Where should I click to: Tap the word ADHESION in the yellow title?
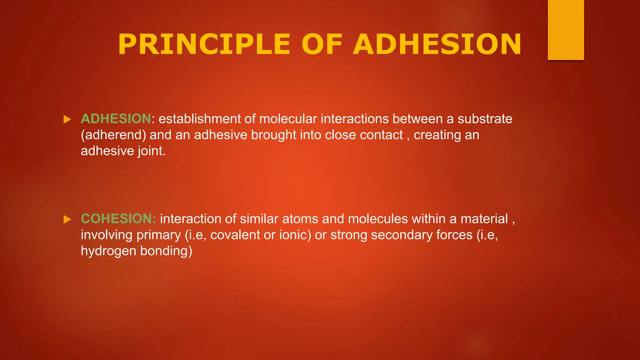[x=437, y=44]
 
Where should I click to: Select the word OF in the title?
[x=322, y=44]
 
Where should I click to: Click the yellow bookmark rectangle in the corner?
[x=566, y=30]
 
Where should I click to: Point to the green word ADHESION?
[x=116, y=119]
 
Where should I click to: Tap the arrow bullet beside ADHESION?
[x=67, y=119]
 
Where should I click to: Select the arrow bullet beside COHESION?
[x=67, y=219]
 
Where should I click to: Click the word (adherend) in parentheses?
[x=113, y=135]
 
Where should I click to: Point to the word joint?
[x=151, y=151]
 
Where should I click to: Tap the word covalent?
[x=235, y=235]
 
